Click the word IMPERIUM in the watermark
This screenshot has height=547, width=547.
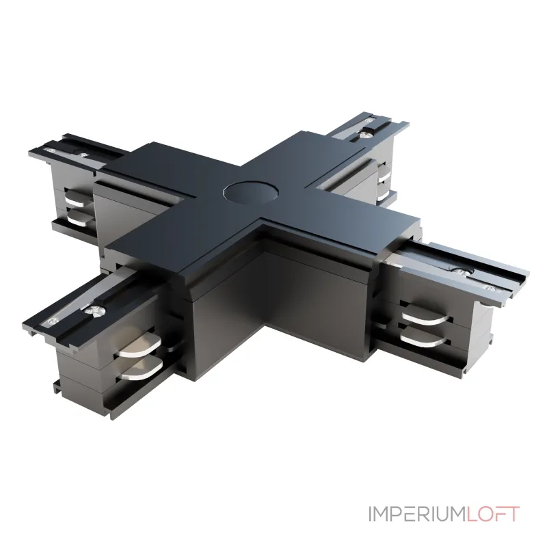point(417,514)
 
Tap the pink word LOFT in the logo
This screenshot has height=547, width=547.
point(493,514)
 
